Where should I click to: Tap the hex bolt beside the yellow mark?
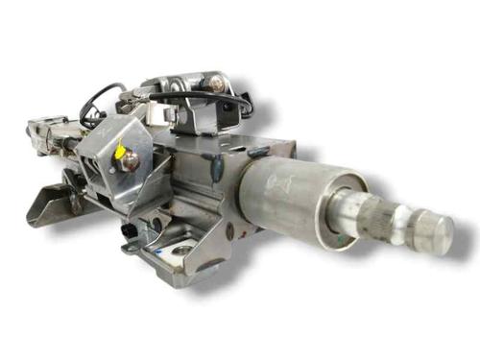click(127, 161)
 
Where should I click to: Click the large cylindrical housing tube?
click(288, 198)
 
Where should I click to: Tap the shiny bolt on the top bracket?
click(217, 84)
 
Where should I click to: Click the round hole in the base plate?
click(180, 252)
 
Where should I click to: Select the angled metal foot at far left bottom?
click(48, 205)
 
